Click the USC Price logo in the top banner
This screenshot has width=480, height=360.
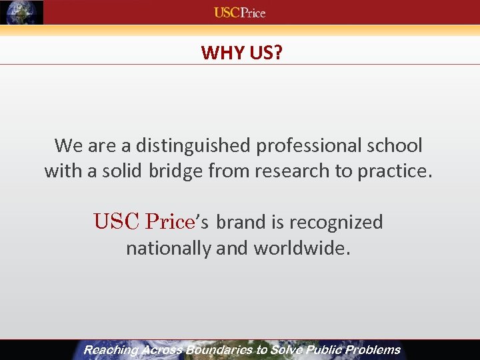[239, 13]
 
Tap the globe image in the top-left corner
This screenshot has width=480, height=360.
[22, 13]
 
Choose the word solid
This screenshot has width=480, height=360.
[120, 171]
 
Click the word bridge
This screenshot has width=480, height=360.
[175, 171]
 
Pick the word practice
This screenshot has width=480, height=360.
[395, 171]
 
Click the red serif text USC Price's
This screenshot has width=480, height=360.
[151, 221]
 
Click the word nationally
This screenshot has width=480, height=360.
[169, 249]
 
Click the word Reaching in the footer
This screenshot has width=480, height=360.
[111, 350]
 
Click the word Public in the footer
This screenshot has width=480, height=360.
[322, 350]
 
